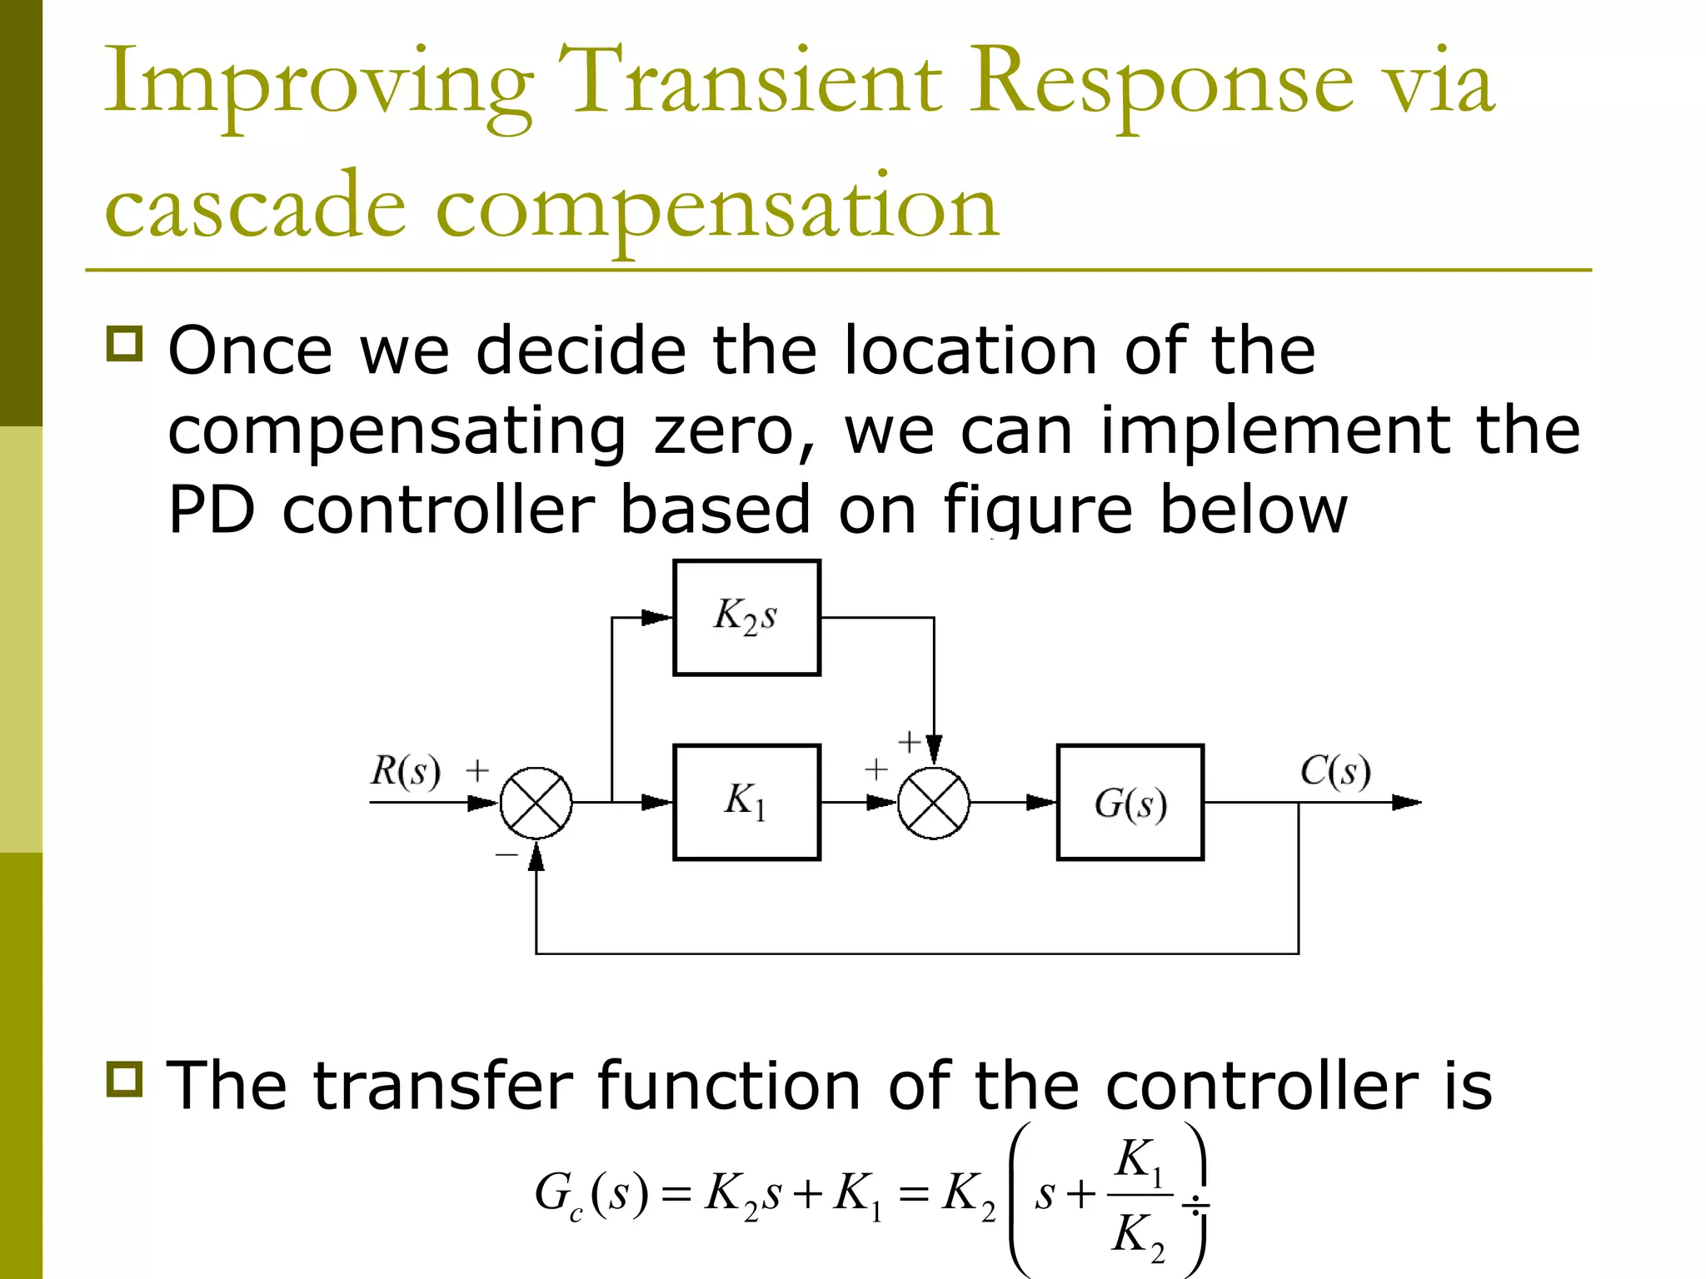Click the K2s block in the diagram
tap(746, 617)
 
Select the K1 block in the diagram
tap(746, 802)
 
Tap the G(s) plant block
tap(1130, 802)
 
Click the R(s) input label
tap(405, 770)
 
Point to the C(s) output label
tap(1334, 770)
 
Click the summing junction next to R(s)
tap(536, 803)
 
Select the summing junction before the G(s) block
tap(934, 803)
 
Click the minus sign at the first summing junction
tap(506, 854)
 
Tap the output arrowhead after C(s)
tap(1407, 803)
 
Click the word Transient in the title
tap(750, 82)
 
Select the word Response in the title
tap(1161, 82)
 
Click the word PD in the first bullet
tap(211, 510)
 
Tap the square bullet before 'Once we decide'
tap(125, 343)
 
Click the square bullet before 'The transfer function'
tap(125, 1079)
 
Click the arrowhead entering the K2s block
tap(657, 618)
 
